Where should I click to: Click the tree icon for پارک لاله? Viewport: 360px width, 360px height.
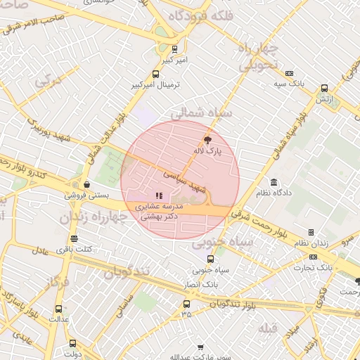[206, 140]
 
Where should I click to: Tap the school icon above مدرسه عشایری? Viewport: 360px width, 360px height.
[159, 195]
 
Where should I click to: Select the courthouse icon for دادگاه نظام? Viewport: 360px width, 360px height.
[273, 182]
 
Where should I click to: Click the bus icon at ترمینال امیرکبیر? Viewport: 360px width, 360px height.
[156, 74]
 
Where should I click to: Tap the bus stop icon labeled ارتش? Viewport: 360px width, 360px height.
[324, 89]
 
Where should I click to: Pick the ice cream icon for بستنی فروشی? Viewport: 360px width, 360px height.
[86, 184]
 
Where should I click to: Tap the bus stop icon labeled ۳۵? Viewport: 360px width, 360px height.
[186, 304]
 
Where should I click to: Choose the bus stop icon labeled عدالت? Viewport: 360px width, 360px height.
[58, 308]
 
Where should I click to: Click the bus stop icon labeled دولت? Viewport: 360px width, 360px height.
[72, 333]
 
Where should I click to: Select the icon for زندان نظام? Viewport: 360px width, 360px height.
[311, 232]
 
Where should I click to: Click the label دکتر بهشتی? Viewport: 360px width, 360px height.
[160, 217]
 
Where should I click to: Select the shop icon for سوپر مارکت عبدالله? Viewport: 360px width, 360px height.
[200, 348]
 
